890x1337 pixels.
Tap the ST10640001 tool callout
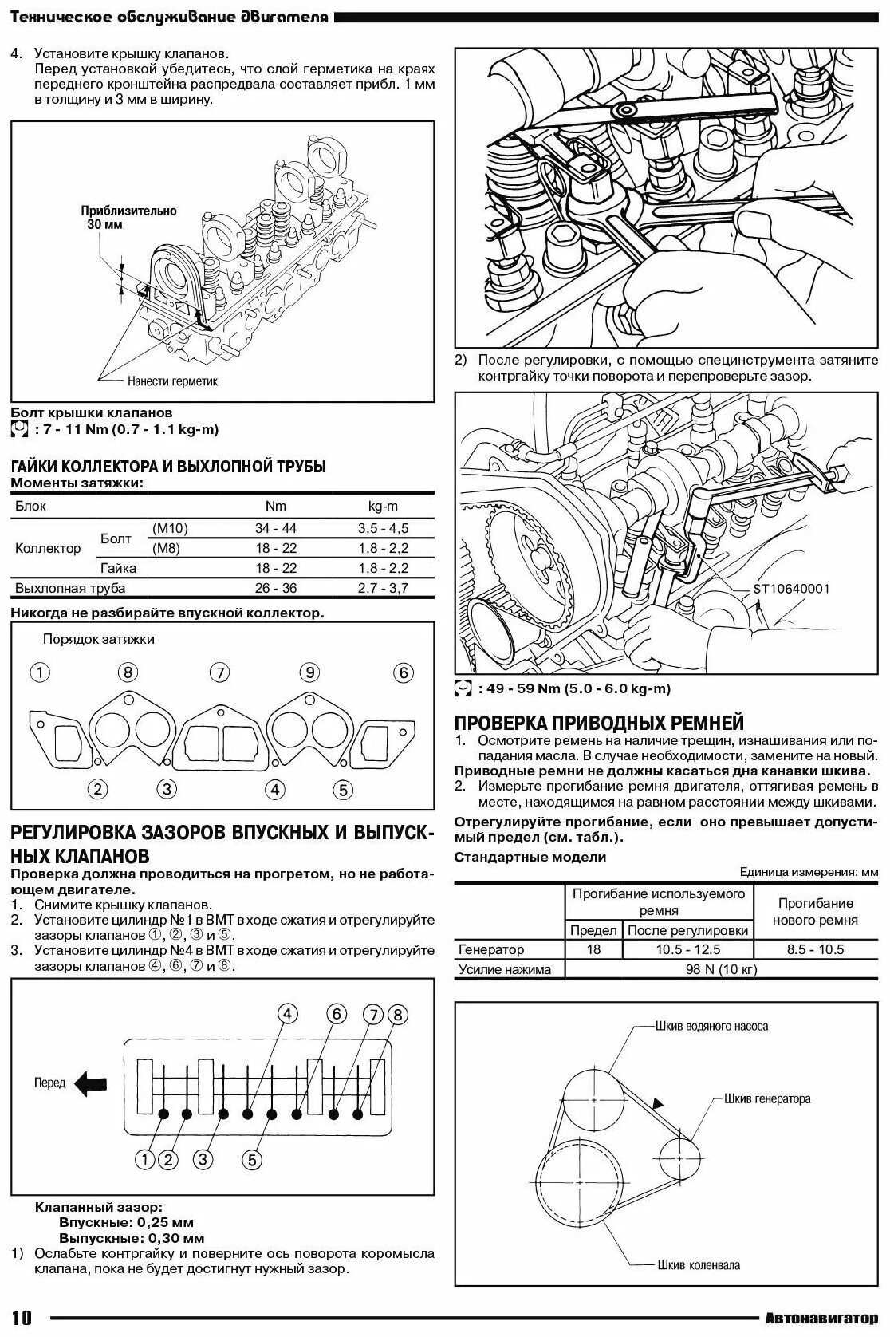click(x=790, y=589)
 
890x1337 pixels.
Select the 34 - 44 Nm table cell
click(x=276, y=528)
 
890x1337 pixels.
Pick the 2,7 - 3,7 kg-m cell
click(x=383, y=588)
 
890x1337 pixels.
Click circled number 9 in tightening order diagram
click(x=310, y=672)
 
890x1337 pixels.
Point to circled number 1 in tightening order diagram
click(x=40, y=672)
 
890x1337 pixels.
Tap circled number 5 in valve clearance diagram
click(x=251, y=1158)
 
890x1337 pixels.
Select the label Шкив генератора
click(x=767, y=1098)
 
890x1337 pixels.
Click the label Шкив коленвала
click(x=699, y=1264)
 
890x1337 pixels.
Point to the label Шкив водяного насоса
click(x=711, y=1026)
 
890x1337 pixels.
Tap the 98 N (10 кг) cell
click(x=721, y=969)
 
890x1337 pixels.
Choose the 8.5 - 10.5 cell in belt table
click(x=815, y=949)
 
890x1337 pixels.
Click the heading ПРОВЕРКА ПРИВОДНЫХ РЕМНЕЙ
click(x=599, y=723)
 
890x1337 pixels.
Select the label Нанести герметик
click(x=172, y=381)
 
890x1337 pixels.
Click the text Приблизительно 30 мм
click(x=128, y=218)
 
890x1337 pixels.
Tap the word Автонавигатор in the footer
click(x=821, y=1318)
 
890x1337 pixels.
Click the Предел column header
click(x=593, y=930)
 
